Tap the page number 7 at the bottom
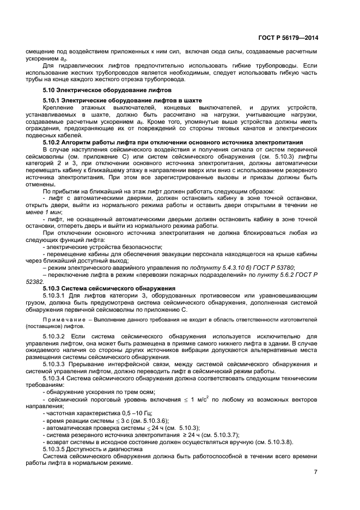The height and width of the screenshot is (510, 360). point(315,471)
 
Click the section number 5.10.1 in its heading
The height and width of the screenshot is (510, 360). point(52,101)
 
